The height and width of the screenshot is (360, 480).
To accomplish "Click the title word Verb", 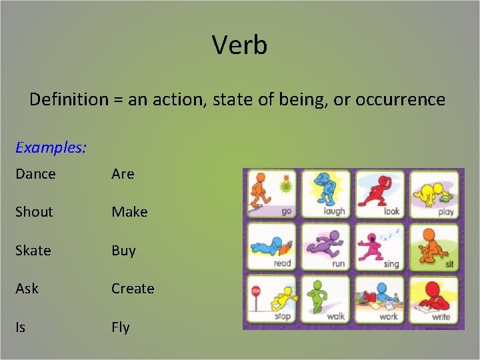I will pyautogui.click(x=239, y=45).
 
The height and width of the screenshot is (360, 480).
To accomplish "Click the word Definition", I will pyautogui.click(x=68, y=100).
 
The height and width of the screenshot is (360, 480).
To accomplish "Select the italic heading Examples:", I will pyautogui.click(x=51, y=147).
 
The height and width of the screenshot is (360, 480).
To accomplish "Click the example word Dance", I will pyautogui.click(x=35, y=174).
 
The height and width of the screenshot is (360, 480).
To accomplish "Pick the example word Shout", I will pyautogui.click(x=34, y=212).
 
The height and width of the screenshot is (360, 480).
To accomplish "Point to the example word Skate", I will pyautogui.click(x=33, y=251).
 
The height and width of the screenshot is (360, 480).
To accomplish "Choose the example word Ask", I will pyautogui.click(x=27, y=289).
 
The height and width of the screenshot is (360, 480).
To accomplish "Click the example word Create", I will pyautogui.click(x=133, y=289).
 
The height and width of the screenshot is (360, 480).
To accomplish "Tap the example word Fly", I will pyautogui.click(x=121, y=327).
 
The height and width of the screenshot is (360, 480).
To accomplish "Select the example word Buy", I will pyautogui.click(x=123, y=251).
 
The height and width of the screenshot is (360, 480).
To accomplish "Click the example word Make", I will pyautogui.click(x=129, y=212).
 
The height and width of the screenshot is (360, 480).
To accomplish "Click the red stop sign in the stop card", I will pyautogui.click(x=256, y=291).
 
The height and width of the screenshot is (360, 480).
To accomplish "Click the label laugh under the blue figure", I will pyautogui.click(x=334, y=211).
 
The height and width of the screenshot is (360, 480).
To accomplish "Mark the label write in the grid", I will pyautogui.click(x=441, y=316).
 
